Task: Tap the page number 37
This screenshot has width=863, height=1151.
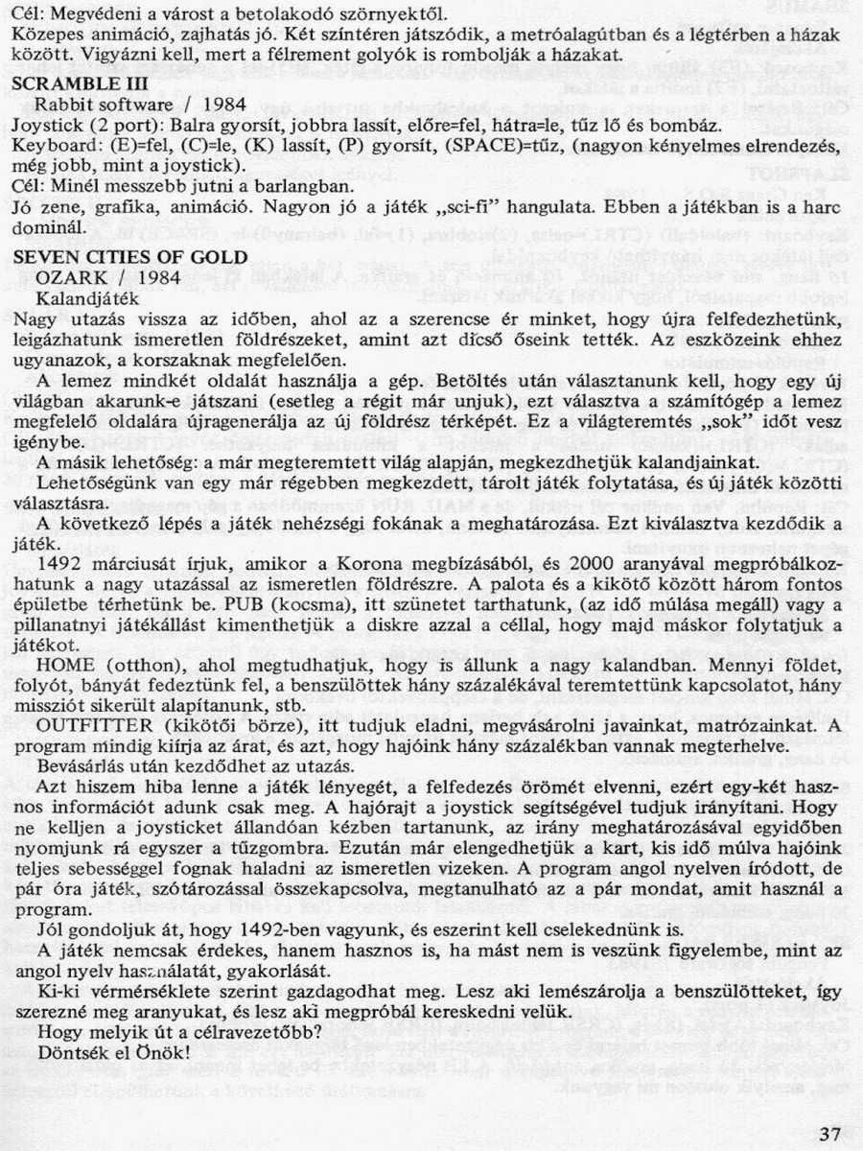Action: click(x=830, y=1134)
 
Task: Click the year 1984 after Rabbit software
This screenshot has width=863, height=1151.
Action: click(x=222, y=105)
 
